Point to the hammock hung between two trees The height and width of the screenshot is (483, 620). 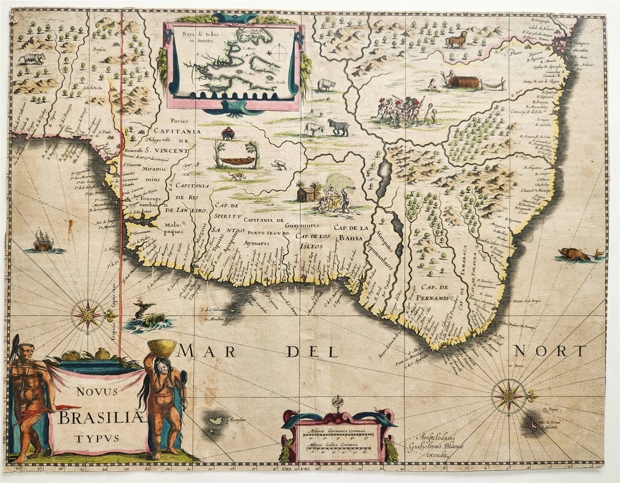coord(237,160)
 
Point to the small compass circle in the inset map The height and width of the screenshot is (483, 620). coord(277,54)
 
